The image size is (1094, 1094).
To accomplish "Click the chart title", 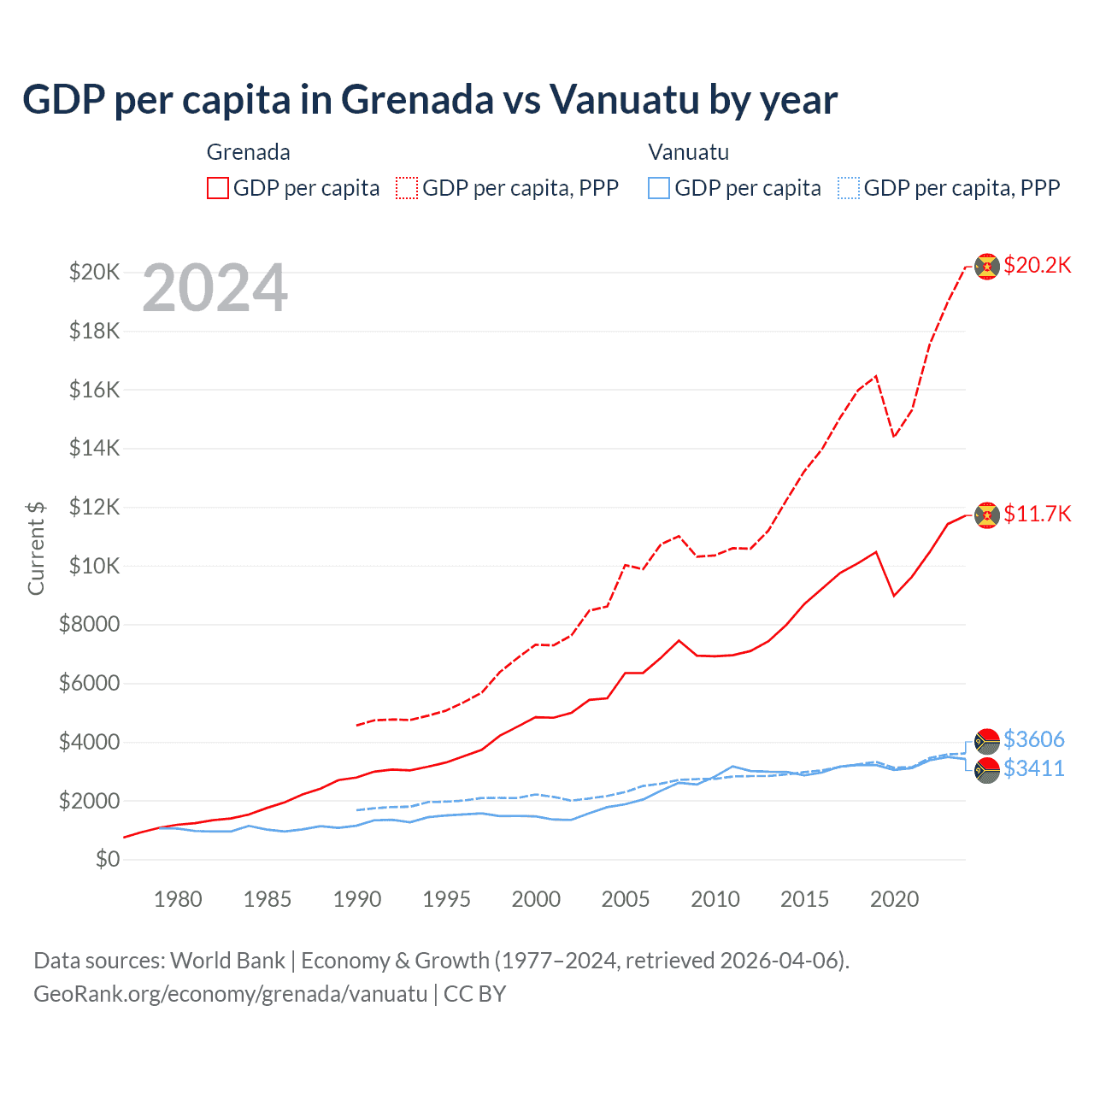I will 430,100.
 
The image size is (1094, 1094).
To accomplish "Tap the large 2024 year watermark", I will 215,288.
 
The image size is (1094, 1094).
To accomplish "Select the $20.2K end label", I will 1037,265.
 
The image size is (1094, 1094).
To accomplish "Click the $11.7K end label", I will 1037,514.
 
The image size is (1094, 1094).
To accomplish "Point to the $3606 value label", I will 1033,739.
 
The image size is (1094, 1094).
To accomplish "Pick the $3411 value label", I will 1033,768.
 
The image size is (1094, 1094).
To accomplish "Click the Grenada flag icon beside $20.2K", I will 987,267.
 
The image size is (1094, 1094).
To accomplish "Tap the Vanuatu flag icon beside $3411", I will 987,770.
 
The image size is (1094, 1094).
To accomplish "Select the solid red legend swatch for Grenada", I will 218,188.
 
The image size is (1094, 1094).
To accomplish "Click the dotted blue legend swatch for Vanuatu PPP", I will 849,188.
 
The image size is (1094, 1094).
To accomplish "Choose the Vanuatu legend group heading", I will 688,152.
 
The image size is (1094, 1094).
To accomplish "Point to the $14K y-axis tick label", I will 95,448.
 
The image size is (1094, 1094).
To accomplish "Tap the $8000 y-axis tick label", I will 90,624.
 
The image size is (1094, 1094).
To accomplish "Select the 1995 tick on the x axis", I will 446,899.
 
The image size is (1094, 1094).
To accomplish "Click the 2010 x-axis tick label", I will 715,899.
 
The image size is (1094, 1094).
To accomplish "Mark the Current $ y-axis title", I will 36,548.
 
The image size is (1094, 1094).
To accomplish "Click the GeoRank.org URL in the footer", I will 230,994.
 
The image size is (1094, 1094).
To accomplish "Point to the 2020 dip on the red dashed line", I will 894,436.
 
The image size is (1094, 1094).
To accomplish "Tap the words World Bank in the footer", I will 227,961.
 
